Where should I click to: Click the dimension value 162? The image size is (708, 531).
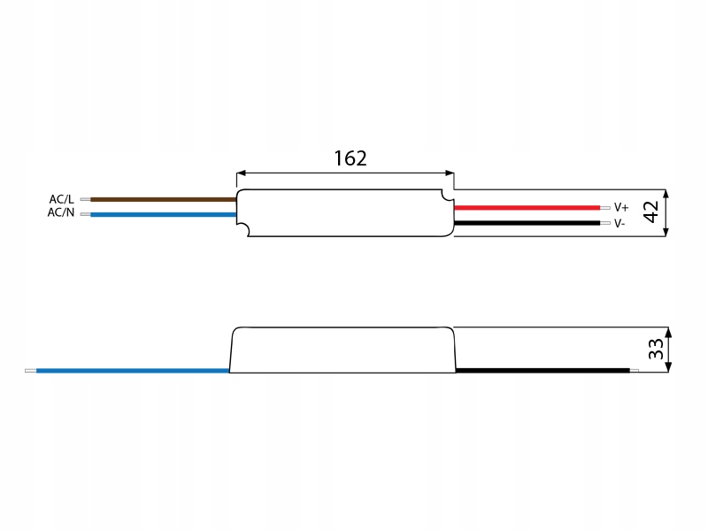click(350, 158)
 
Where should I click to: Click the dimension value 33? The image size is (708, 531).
click(656, 349)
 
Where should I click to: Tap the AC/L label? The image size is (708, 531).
click(61, 199)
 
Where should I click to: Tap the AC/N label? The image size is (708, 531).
click(61, 213)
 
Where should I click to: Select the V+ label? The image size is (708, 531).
click(620, 207)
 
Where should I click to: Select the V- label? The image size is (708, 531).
click(619, 223)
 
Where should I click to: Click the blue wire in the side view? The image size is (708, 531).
click(133, 371)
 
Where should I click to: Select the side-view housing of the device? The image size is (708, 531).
click(343, 350)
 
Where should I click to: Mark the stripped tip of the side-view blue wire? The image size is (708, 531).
click(30, 371)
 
